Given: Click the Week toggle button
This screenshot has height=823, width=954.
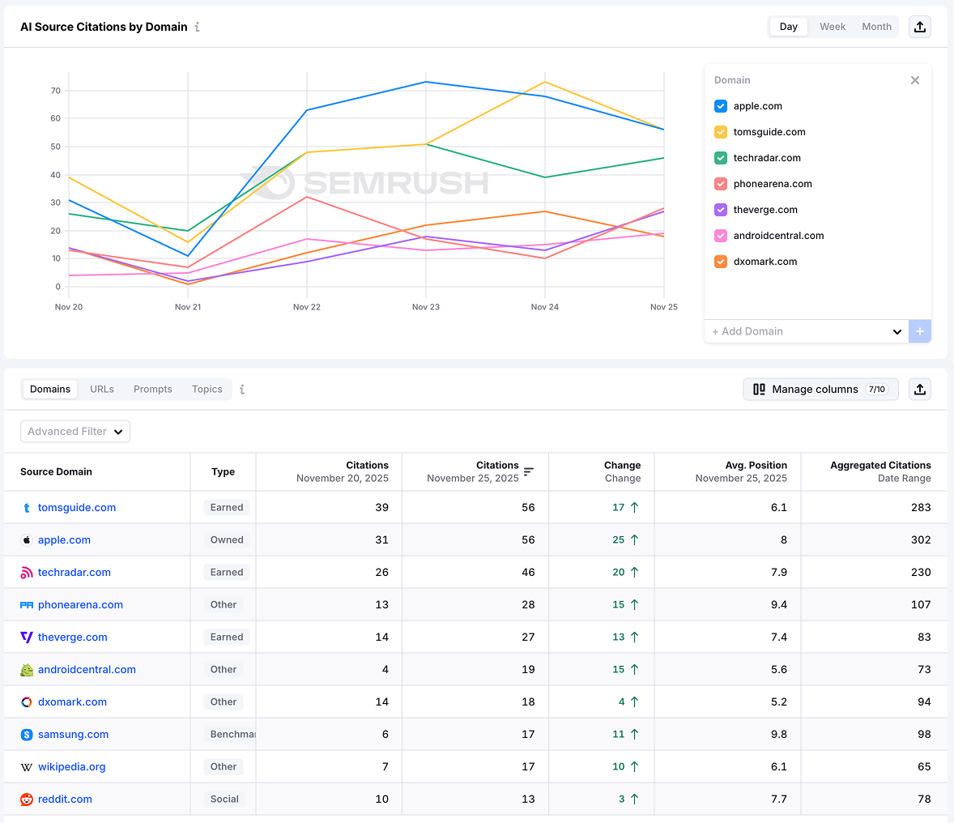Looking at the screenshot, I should click(x=832, y=27).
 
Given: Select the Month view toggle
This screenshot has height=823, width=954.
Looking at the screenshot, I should click(x=876, y=27).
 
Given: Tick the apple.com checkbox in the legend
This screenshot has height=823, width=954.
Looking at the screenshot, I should click(x=721, y=106).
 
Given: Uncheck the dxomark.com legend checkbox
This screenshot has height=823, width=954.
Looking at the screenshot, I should click(x=721, y=262).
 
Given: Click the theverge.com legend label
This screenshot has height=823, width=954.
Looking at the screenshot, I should click(x=765, y=210).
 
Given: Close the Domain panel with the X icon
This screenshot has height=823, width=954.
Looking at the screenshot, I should click(x=915, y=80).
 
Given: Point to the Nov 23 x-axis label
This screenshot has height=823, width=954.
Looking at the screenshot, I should click(x=426, y=307).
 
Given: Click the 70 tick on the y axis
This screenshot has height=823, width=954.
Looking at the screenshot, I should click(x=56, y=91).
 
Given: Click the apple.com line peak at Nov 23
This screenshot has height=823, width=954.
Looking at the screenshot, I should click(x=426, y=82).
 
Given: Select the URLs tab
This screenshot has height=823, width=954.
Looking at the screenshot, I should click(x=102, y=390).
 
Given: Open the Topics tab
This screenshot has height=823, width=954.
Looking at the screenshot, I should click(x=207, y=390).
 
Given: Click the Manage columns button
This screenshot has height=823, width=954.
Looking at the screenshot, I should click(x=820, y=390).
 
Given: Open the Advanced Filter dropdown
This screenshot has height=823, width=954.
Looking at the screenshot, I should click(x=75, y=432).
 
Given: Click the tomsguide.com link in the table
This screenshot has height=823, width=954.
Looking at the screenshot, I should click(x=77, y=508).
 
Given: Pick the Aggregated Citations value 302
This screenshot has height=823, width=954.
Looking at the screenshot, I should click(x=921, y=540).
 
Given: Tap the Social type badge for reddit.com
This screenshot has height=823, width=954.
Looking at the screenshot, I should click(x=224, y=800).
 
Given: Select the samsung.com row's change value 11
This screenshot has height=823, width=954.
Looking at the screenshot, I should click(x=619, y=735).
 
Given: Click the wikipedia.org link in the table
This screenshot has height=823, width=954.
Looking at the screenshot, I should click(x=72, y=767).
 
